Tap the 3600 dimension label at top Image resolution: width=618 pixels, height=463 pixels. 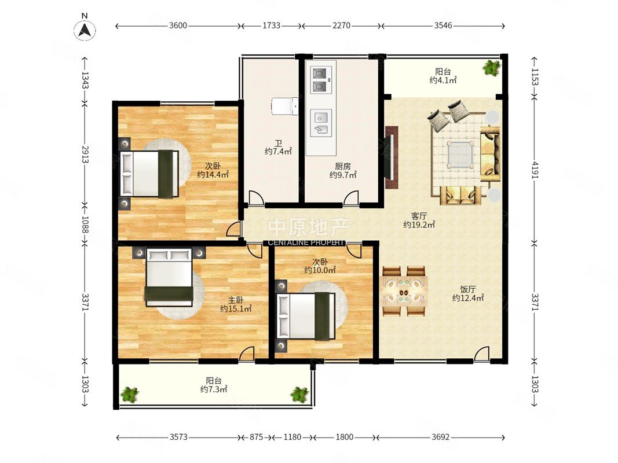pos(178,25)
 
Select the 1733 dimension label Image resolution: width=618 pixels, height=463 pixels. pos(271,25)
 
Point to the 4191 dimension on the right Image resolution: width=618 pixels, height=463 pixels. pos(535,170)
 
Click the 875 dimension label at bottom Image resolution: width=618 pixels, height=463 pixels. pos(256,437)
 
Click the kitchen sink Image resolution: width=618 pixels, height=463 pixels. pos(321,123)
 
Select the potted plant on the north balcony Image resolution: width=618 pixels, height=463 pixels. pos(491,68)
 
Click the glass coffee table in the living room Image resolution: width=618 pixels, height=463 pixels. pos(460,155)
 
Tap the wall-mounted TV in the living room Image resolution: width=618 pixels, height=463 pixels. pos(392,157)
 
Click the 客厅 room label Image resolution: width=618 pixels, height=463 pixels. pos(419,216)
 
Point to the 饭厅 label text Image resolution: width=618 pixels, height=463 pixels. pos(468,289)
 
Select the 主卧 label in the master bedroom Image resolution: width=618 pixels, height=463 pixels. pos(236,300)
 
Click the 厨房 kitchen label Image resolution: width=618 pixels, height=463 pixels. pos(343,167)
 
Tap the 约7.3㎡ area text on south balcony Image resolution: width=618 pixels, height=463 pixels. pos(214,389)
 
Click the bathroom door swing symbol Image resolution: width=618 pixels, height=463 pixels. pos(255,197)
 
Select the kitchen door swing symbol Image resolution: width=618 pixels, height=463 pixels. pos(351,197)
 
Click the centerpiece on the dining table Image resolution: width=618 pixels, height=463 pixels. pos(404,292)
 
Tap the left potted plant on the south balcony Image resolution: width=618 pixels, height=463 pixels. pos(129,394)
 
